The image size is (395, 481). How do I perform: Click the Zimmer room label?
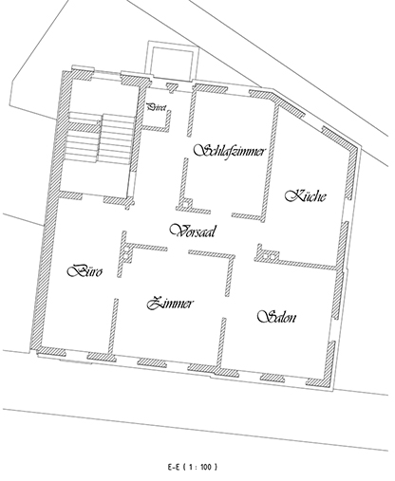click(171, 304)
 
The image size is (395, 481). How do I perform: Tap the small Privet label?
click(156, 109)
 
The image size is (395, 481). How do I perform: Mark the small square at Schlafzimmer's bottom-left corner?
click(187, 202)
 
